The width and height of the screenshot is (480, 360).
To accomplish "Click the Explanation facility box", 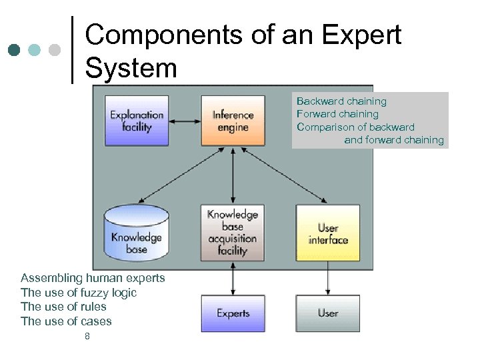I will (137, 121).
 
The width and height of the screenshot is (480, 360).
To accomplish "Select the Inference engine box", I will (232, 121).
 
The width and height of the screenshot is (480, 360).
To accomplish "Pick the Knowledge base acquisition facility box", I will (232, 232).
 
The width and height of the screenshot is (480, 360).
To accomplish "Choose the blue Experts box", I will (233, 313).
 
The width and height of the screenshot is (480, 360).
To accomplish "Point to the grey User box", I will (327, 313).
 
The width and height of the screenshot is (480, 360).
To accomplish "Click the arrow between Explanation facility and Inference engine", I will (185, 121).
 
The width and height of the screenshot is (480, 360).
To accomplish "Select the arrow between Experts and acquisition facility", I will (233, 279).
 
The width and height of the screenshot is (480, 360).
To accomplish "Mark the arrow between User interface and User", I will (327, 279).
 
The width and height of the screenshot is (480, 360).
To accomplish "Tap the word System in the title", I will (131, 67).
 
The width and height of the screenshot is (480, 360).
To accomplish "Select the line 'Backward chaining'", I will (341, 101).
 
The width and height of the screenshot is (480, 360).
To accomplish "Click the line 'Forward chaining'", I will (337, 114).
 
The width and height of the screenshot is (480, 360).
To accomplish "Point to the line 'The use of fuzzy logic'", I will (79, 293).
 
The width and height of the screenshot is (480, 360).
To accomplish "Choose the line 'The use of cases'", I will (66, 321).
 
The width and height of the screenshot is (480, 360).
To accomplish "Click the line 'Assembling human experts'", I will (93, 278).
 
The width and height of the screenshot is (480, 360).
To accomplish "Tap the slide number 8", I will (87, 337).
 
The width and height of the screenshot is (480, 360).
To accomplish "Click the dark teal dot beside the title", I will (14, 50).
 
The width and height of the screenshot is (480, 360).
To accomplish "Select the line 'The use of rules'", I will (63, 307).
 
